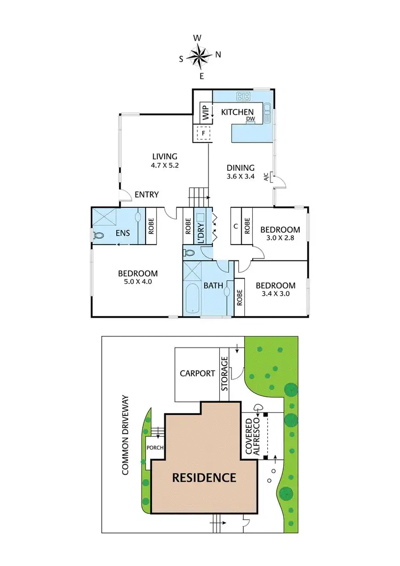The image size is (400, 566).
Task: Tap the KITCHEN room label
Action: click(237, 112)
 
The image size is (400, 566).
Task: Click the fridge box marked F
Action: click(203, 133)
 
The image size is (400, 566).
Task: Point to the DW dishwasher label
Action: click(250, 120)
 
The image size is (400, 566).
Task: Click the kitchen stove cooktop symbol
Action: click(244, 97)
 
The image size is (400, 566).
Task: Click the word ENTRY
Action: click(147, 195)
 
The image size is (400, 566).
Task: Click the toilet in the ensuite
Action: click(99, 235)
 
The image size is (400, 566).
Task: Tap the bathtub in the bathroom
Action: click(192, 299)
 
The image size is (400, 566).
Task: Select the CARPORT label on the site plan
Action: click(197, 373)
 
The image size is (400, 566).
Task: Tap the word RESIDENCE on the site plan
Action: click(204, 477)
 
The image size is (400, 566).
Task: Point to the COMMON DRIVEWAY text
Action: click(126, 435)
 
